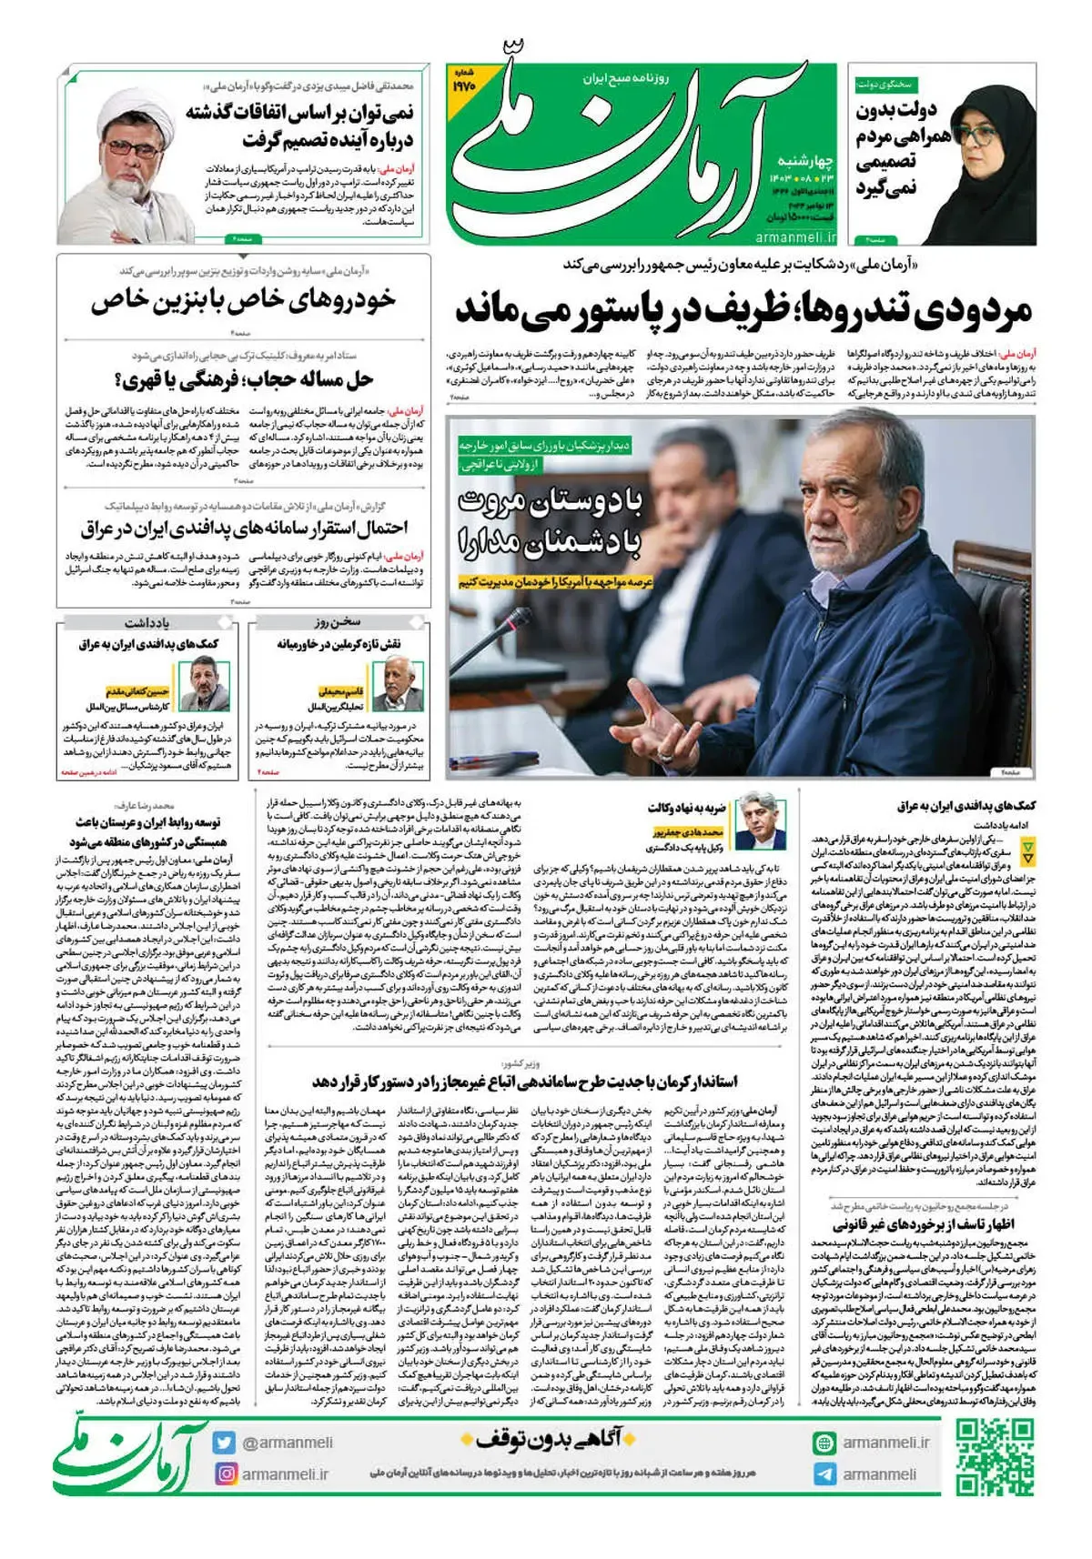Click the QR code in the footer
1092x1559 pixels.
995,1457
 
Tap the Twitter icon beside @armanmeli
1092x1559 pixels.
224,1443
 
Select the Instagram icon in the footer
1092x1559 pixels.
224,1474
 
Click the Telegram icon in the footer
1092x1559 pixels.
824,1474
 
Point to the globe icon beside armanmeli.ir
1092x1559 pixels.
824,1443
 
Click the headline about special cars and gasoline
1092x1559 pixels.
243,300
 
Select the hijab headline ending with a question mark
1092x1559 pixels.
244,378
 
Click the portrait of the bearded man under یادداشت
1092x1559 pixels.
204,684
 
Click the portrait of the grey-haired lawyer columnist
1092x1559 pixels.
759,820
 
